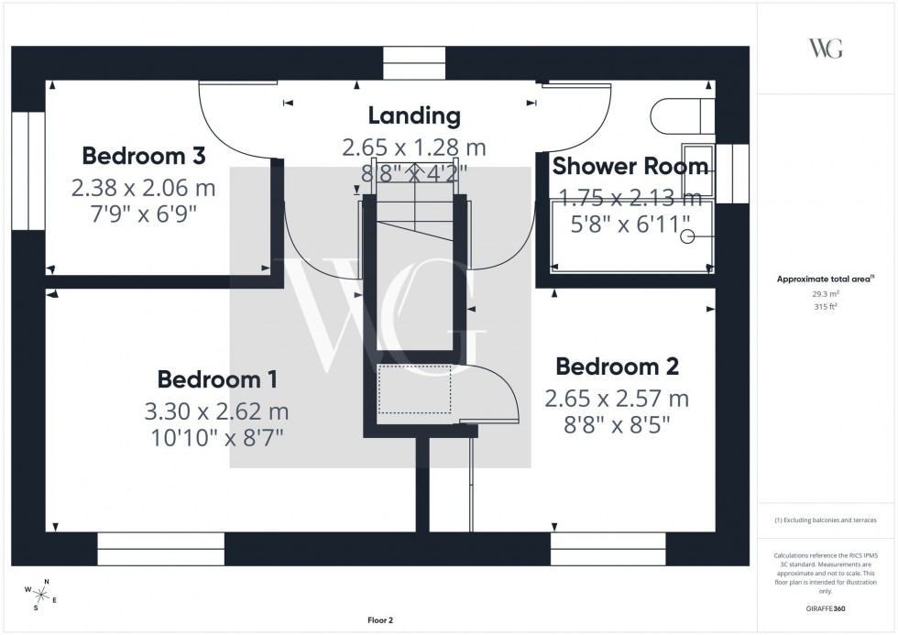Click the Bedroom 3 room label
143,155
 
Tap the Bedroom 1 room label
218,378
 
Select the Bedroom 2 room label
617,367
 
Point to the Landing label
413,115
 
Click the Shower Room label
629,167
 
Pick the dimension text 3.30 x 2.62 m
218,411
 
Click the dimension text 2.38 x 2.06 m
143,188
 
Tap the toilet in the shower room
682,115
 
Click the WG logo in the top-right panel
826,49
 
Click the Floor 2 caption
379,620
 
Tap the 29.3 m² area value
826,294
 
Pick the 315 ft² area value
826,307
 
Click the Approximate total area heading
826,279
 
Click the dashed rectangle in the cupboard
414,389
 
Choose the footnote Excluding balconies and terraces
826,520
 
